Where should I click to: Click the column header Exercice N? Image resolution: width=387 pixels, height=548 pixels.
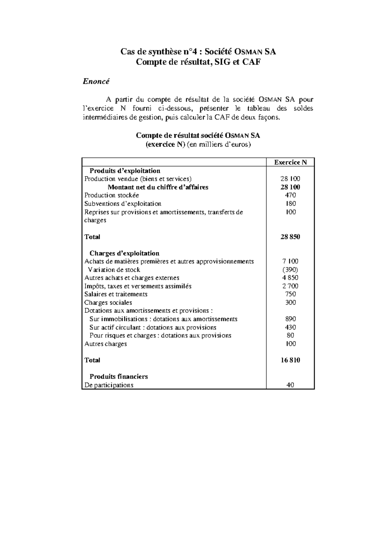(290, 162)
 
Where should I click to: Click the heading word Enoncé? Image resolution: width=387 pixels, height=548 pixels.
(96, 82)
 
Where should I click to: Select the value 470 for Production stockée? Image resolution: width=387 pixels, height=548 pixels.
(290, 195)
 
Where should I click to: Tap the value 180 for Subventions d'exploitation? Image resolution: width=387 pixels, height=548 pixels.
(290, 204)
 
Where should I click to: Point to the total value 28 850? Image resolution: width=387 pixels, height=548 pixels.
(290, 237)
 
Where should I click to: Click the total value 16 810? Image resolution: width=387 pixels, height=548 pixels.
(290, 360)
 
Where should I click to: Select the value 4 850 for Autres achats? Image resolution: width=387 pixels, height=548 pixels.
(290, 278)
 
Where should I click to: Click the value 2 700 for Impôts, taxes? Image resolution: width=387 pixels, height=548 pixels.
(290, 286)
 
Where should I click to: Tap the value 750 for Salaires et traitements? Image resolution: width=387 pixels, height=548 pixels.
(290, 294)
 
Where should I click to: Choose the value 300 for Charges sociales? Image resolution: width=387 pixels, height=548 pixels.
(290, 302)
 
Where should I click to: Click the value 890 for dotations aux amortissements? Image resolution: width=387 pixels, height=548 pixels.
(290, 319)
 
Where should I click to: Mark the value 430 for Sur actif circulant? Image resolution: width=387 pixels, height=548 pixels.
(290, 327)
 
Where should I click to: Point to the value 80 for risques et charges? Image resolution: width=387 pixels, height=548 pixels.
(290, 335)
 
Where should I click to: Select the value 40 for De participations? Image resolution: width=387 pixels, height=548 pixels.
(290, 385)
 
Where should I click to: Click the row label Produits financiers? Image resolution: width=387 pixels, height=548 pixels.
(119, 377)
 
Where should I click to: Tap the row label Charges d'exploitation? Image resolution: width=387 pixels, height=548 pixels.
(124, 253)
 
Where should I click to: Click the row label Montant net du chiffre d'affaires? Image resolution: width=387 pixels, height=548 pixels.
(158, 187)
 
